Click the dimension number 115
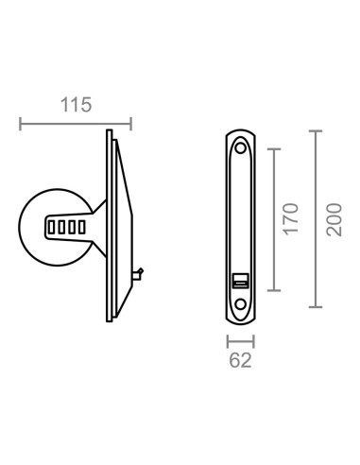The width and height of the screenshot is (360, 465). point(75,105)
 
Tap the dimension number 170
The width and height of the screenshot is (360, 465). point(290,219)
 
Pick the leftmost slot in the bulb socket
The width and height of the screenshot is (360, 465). point(52,227)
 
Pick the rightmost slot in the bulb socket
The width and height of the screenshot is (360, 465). point(79,227)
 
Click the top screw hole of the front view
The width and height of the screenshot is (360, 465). point(241,146)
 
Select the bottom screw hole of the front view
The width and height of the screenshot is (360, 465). point(241,303)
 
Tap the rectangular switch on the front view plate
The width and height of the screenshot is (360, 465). point(241,280)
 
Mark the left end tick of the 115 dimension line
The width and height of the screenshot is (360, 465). point(20,122)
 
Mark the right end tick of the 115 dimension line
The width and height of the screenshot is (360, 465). point(130,122)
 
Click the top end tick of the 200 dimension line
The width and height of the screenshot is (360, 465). point(316,130)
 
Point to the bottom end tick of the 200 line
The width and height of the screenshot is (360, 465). point(316,308)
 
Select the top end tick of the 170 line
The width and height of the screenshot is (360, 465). point(273,147)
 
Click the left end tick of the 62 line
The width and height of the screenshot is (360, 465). point(227,339)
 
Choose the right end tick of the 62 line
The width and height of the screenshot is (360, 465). point(255,339)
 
